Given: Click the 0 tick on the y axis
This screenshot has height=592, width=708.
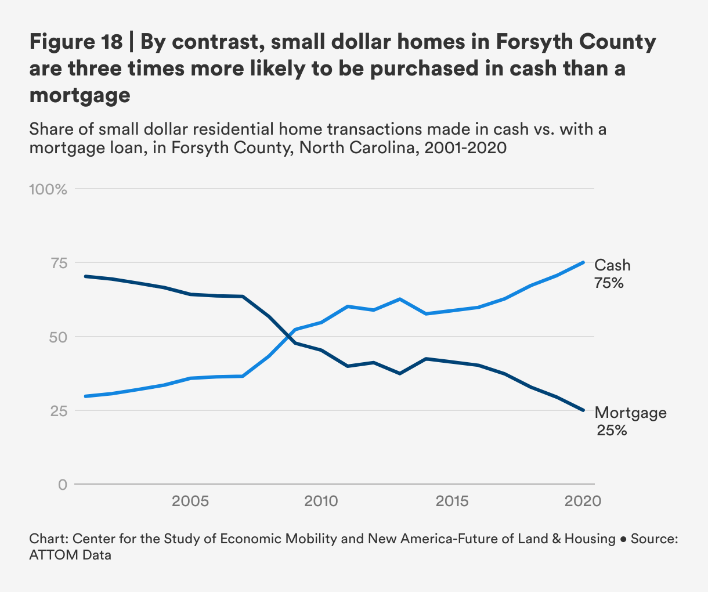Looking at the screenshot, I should pos(62,484).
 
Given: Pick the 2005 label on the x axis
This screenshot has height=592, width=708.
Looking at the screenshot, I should pos(190,501).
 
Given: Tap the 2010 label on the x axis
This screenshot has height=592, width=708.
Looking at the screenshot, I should pos(321,501).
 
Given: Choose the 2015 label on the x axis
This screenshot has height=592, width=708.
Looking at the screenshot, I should pos(451,501).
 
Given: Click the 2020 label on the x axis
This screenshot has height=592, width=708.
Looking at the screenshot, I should pos(582,501).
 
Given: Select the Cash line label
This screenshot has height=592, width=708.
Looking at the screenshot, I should pos(612,265).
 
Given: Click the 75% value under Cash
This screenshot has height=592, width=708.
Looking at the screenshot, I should pos(609,283).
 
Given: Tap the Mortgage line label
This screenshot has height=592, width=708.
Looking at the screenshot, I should pos(630,413).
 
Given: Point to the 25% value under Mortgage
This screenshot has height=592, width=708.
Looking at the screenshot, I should pos(612,431).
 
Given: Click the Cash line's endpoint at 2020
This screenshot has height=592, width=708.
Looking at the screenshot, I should pos(583,262).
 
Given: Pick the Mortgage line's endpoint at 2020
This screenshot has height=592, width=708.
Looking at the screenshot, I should pos(583,410).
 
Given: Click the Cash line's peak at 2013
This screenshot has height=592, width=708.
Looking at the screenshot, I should pos(399,299).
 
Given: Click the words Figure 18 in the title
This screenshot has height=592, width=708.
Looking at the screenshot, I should pos(75,42).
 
